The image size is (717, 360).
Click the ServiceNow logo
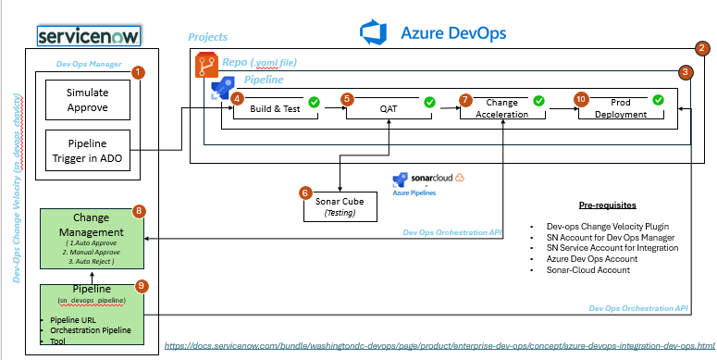click(87, 35)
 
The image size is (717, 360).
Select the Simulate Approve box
click(88, 100)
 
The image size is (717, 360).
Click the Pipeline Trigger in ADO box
click(88, 151)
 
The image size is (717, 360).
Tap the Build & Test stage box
click(276, 109)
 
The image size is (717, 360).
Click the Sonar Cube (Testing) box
click(340, 206)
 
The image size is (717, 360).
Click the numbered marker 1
click(138, 71)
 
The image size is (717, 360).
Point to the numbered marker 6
click(305, 192)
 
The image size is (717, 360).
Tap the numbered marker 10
click(581, 97)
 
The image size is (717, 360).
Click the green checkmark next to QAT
click(429, 102)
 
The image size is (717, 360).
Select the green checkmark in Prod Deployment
click(658, 100)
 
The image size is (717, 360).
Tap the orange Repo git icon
click(205, 65)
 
